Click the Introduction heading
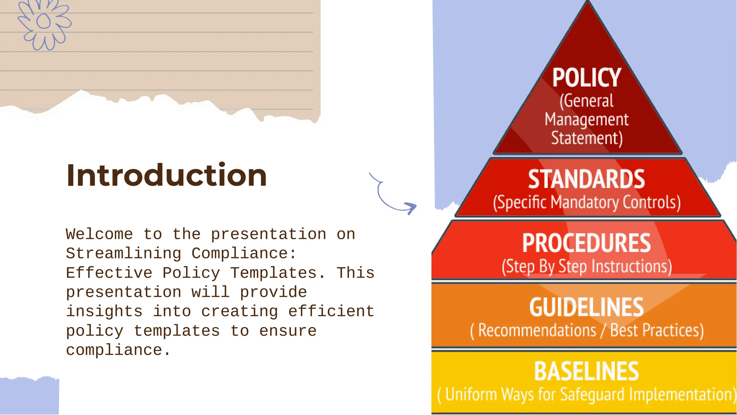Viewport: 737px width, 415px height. point(166,175)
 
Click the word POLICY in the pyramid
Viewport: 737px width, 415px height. point(587,78)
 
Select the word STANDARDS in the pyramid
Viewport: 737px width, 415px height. point(587,179)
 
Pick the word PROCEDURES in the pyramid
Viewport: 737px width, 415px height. point(587,243)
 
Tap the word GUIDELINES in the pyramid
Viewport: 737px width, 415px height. point(587,307)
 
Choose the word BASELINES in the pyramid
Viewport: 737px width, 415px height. point(587,371)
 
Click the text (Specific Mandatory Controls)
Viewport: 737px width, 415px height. point(587,202)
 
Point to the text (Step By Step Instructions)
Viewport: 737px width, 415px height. point(587,267)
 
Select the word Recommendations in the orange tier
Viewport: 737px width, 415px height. point(537,330)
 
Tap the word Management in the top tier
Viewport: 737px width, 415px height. point(587,119)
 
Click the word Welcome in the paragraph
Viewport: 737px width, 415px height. point(99,234)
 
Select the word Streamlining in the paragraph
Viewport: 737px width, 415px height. point(123,253)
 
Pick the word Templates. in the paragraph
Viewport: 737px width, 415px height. point(278,273)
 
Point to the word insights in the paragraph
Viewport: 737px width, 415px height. point(104,311)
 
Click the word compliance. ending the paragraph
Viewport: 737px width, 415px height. point(118,350)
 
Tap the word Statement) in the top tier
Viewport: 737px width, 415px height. point(587,139)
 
